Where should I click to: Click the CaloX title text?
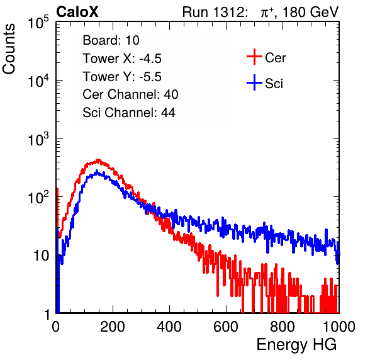point(77,12)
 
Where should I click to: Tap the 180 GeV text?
point(310,12)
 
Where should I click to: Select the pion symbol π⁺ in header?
point(267,13)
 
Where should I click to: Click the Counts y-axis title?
point(9,49)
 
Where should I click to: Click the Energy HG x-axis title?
point(296,345)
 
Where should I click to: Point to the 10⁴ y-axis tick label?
point(38,81)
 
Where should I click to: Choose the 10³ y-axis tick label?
point(38,139)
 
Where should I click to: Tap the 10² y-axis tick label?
point(38,198)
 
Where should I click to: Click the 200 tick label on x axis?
point(113,327)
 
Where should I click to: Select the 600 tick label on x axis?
point(226,327)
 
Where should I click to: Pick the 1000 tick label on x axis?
point(339,327)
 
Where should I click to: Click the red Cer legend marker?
point(254,57)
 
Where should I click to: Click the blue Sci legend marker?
point(254,83)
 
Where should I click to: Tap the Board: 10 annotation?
point(111,40)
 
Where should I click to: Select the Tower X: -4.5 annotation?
point(122,59)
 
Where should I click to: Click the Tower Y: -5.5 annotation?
point(122,77)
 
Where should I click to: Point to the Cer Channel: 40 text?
point(130,94)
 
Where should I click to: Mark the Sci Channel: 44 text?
point(129,113)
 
